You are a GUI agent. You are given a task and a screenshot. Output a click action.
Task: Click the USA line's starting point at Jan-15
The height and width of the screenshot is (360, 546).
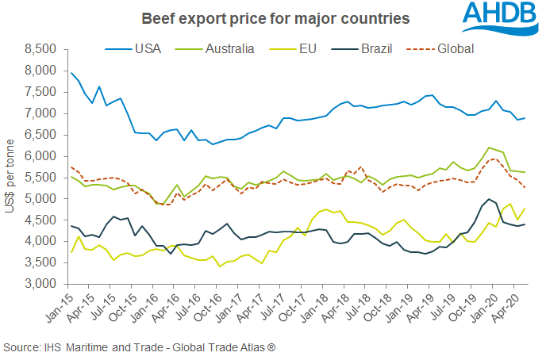(x=72, y=73)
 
